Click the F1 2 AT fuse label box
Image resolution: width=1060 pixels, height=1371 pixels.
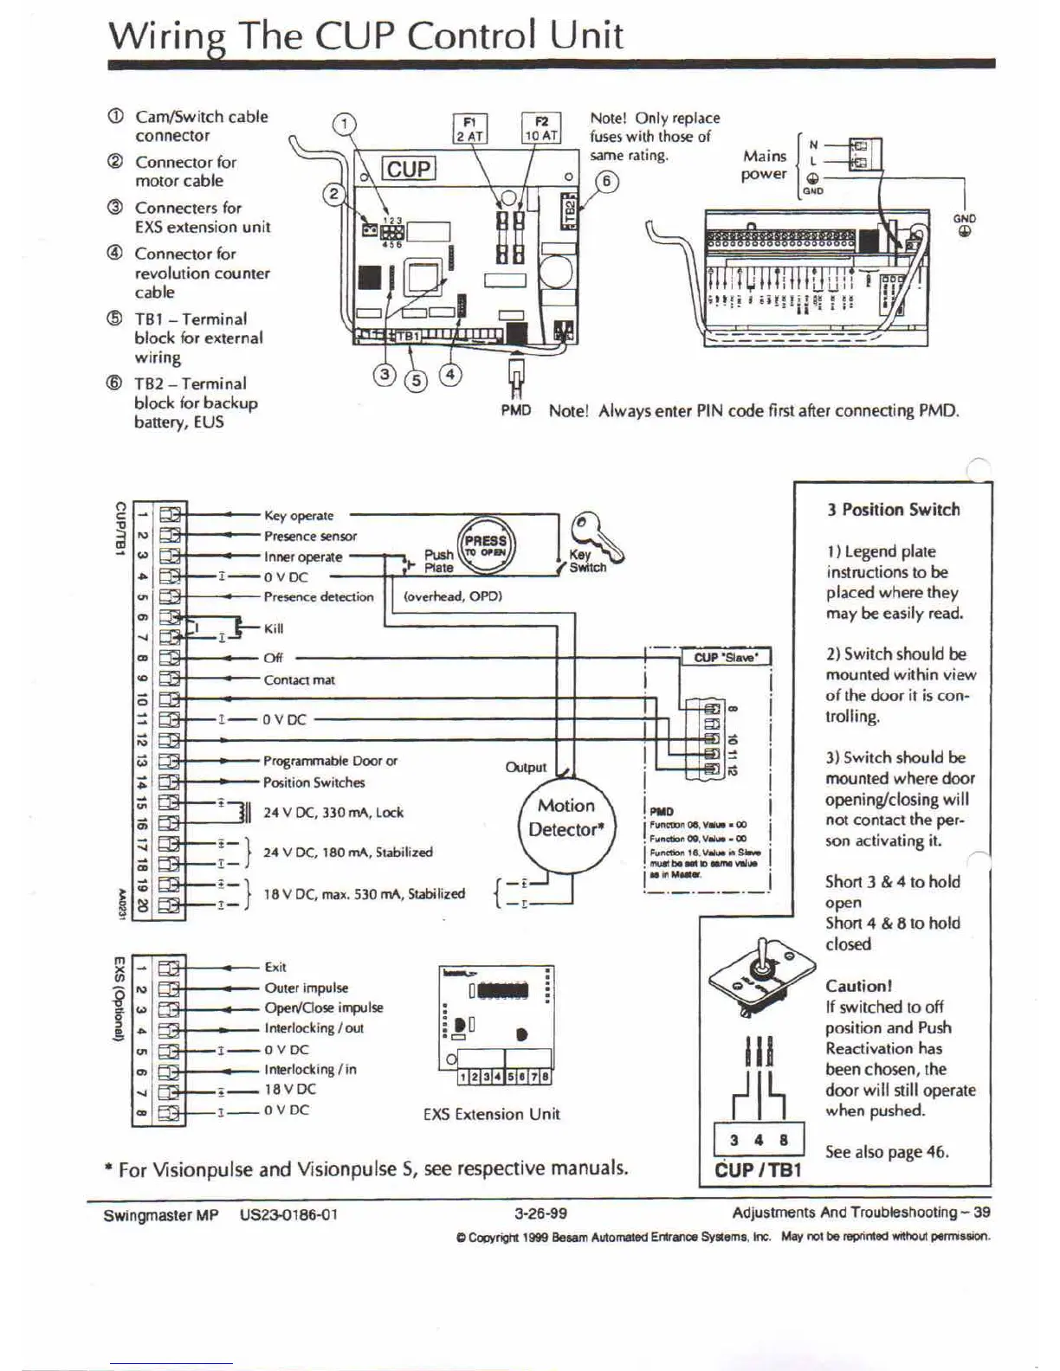[471, 128]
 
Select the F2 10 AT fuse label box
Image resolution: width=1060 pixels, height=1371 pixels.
[542, 128]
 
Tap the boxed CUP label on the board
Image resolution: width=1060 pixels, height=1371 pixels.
[409, 169]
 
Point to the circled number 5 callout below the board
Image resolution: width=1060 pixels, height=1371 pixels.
[417, 379]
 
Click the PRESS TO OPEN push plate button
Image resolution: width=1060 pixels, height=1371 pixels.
[485, 545]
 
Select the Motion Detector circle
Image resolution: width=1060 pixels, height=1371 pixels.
[566, 818]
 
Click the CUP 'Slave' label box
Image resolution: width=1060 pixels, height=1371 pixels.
[726, 657]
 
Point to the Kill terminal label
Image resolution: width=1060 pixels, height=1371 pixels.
[274, 628]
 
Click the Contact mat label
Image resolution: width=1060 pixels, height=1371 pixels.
[299, 679]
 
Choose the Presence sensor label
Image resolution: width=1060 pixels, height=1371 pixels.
[310, 536]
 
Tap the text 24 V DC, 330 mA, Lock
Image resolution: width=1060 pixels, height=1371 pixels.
[333, 812]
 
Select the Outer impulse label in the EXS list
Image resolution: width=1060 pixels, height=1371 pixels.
[307, 988]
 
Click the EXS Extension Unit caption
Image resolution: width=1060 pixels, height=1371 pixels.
[491, 1114]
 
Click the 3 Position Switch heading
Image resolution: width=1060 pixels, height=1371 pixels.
[893, 510]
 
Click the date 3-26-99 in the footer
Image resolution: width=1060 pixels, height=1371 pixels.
[540, 1213]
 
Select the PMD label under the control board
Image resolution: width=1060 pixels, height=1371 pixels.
[515, 409]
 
